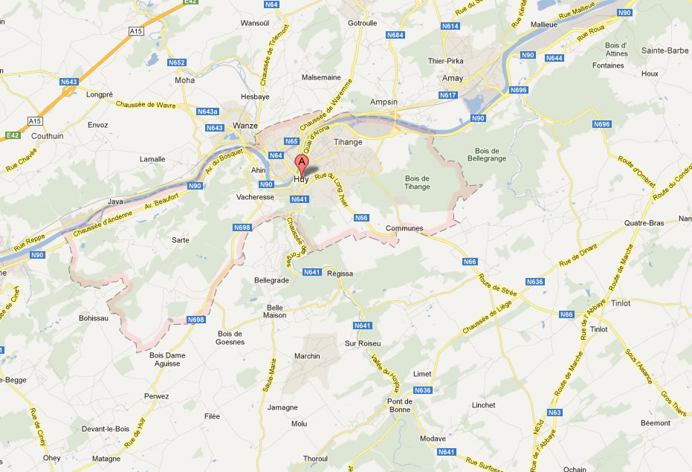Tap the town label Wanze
pos(245,126)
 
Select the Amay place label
pos(452,78)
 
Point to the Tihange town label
pos(348,142)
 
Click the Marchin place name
pos(307,356)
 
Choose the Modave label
pos(433,439)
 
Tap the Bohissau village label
pos(94,318)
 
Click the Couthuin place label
pos(48,136)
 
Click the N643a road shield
pos(207,111)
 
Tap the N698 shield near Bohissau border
pos(195,320)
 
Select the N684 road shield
pos(395,35)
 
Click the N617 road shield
pos(447,95)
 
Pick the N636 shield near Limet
pos(422,390)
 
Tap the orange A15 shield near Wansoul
pos(135,31)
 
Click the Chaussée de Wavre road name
pos(146,105)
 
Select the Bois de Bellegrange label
pos(487,155)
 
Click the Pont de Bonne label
pos(399,406)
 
